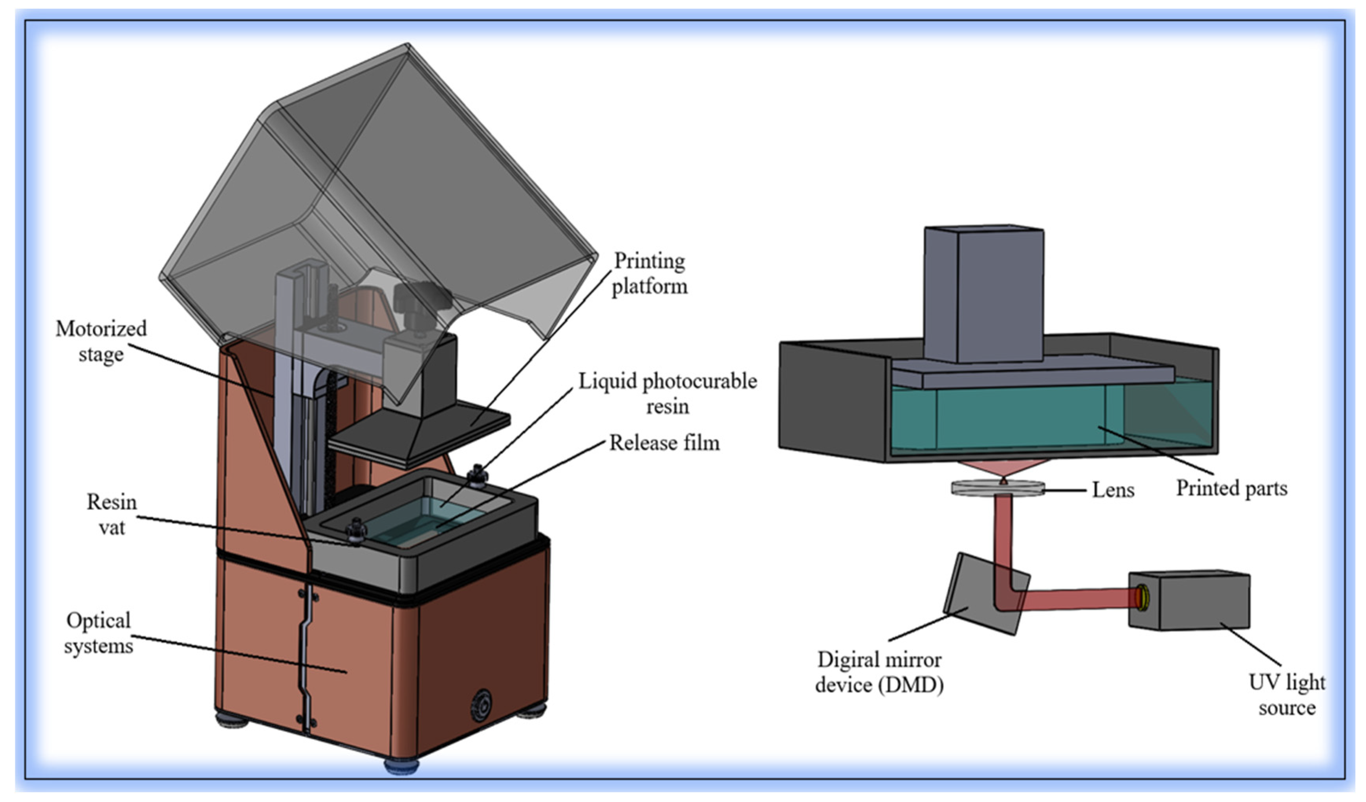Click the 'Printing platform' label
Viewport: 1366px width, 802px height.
coord(649,274)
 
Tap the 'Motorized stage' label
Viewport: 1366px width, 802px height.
coord(101,341)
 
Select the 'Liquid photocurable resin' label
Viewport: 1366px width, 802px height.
coord(667,393)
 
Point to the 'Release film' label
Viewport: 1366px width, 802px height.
coord(665,443)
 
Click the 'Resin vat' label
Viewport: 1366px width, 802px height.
coord(112,514)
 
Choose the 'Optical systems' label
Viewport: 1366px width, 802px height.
coord(98,633)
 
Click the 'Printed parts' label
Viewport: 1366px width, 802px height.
coord(1231,488)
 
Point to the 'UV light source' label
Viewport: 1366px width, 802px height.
coord(1287,695)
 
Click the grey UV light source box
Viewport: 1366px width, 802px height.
coord(1195,600)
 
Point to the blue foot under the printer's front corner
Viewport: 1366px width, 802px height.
coord(401,766)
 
